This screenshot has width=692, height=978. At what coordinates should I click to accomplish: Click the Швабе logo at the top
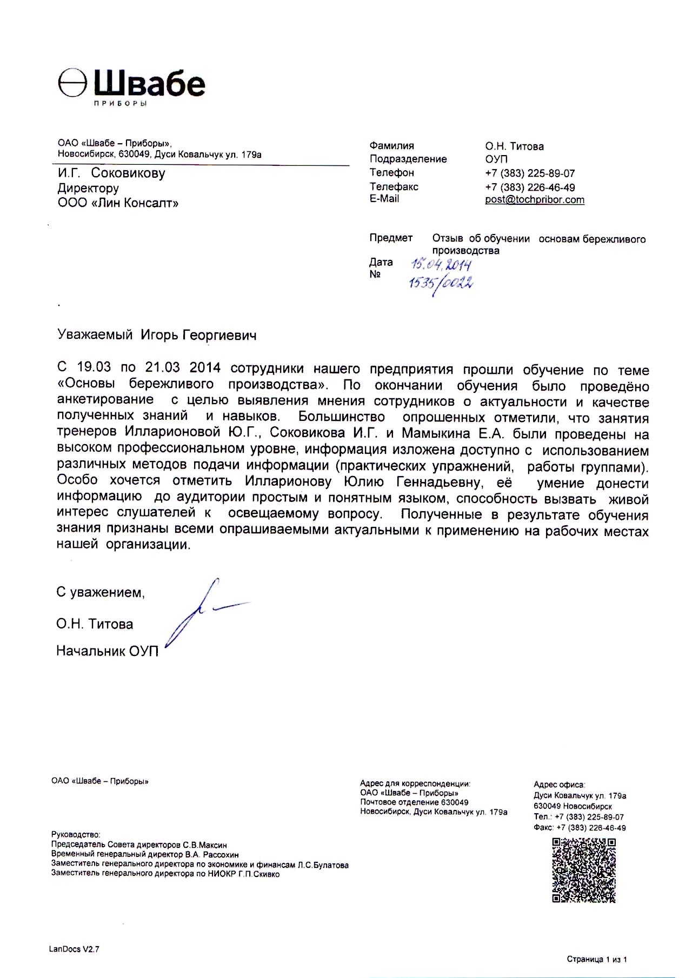[131, 86]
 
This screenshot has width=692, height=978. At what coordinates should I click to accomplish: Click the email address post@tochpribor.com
[534, 199]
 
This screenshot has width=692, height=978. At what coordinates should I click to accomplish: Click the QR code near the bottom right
[583, 870]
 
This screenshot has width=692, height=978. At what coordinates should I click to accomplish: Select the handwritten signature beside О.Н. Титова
[203, 613]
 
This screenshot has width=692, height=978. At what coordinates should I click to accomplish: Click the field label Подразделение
[408, 159]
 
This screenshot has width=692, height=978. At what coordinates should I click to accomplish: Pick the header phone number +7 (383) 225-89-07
[530, 173]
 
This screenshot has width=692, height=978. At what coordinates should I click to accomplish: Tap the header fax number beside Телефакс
[530, 187]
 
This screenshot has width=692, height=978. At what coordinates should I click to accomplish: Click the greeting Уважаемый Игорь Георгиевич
[157, 336]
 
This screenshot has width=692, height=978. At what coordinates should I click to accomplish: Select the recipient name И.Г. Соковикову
[111, 173]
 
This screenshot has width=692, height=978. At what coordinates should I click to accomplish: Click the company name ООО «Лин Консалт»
[117, 203]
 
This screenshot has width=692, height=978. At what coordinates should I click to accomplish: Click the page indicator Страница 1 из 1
[596, 960]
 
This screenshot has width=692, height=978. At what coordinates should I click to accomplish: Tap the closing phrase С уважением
[101, 593]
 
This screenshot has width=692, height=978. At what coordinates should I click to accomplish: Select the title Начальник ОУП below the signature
[107, 651]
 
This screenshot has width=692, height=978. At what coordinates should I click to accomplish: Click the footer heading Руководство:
[76, 835]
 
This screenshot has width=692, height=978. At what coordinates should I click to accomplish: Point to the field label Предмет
[391, 238]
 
